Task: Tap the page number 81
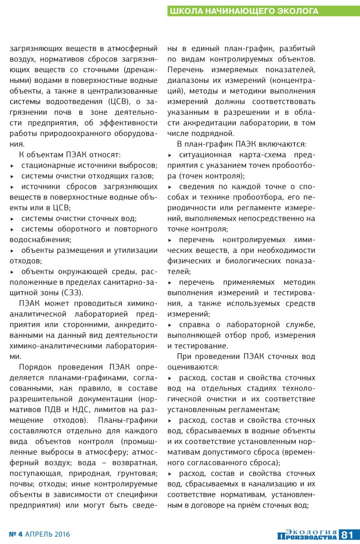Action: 349,535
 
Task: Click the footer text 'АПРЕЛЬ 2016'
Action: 48,535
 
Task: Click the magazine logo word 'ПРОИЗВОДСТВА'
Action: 307,537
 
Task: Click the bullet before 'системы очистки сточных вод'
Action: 12,219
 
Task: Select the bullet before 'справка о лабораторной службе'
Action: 170,325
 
